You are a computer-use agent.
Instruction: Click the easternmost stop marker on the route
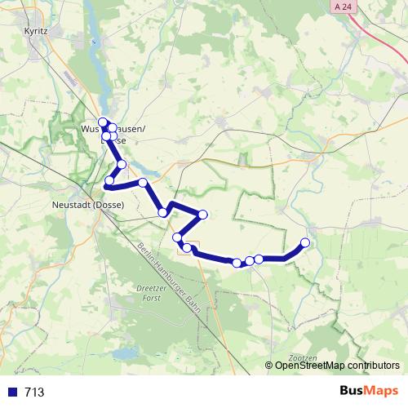tap(306, 242)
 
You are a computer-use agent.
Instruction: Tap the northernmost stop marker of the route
tap(103, 122)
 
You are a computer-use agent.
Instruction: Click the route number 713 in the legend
tap(34, 392)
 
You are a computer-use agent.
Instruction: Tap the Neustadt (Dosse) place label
tap(86, 205)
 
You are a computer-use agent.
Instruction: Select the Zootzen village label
tap(303, 358)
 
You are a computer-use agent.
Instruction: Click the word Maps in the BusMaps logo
tap(379, 391)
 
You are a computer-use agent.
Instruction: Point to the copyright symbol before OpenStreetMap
tap(269, 366)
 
